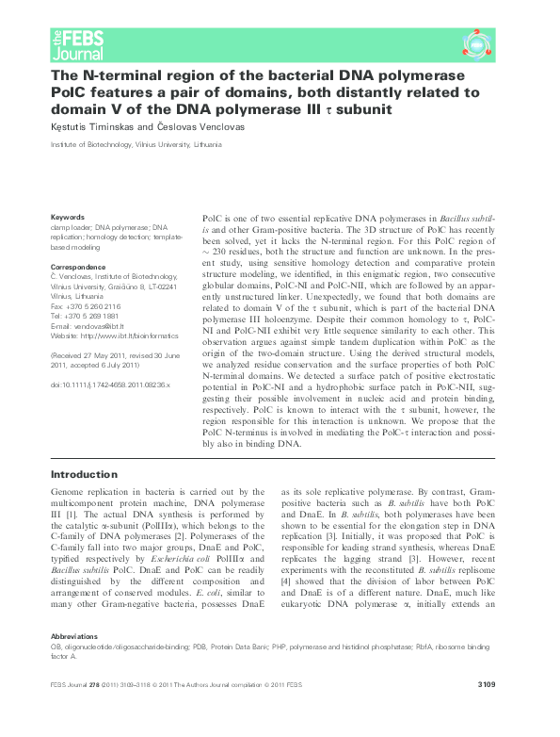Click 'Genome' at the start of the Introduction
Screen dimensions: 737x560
(x=67, y=493)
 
